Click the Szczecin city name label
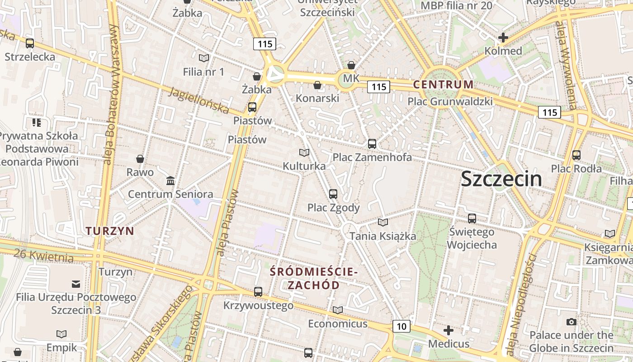tap(501, 179)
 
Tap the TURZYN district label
tap(110, 231)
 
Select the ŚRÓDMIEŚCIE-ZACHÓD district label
tap(314, 278)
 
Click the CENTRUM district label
tap(443, 84)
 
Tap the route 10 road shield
tap(401, 326)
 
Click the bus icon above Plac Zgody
tap(333, 194)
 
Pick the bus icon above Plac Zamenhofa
tap(372, 144)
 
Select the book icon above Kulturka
tap(304, 153)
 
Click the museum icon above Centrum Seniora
tap(170, 181)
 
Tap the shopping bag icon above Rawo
tap(140, 159)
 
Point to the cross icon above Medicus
tap(449, 330)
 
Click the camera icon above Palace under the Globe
tap(572, 322)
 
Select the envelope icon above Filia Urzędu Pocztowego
tap(76, 284)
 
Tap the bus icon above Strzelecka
tap(30, 43)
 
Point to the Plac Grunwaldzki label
tap(450, 101)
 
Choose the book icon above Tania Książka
tap(383, 222)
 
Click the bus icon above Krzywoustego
tap(258, 292)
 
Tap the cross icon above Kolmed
tap(503, 38)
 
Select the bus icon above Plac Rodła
tap(576, 155)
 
